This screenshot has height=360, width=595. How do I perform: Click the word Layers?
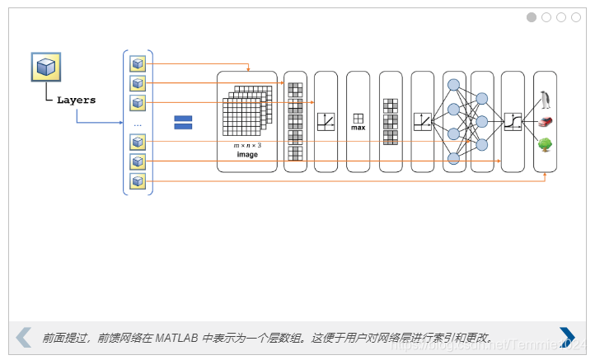point(76,100)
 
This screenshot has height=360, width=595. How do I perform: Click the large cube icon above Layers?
point(46,67)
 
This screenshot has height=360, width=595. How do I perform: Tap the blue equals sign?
point(183,122)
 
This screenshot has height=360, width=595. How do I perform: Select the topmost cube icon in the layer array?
point(138,63)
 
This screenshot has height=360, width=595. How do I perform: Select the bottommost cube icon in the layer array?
point(138,180)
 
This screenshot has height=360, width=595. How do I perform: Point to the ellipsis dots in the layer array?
point(138,124)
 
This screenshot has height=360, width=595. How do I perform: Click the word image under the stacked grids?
point(247,155)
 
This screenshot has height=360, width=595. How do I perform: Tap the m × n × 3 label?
point(247,145)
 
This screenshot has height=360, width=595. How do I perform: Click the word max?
point(358,128)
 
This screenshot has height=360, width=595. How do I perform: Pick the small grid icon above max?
point(358,118)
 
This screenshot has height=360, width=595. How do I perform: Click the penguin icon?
point(545,101)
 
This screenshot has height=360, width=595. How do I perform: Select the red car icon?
point(545,122)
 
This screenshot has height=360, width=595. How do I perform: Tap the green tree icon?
point(545,144)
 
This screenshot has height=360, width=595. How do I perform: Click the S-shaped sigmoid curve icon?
point(513,122)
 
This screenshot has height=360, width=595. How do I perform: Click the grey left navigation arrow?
point(24,336)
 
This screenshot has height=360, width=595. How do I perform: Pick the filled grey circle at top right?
point(532,17)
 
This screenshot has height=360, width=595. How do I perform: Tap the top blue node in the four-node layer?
point(452,84)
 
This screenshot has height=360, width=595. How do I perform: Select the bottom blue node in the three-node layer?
point(482,144)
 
